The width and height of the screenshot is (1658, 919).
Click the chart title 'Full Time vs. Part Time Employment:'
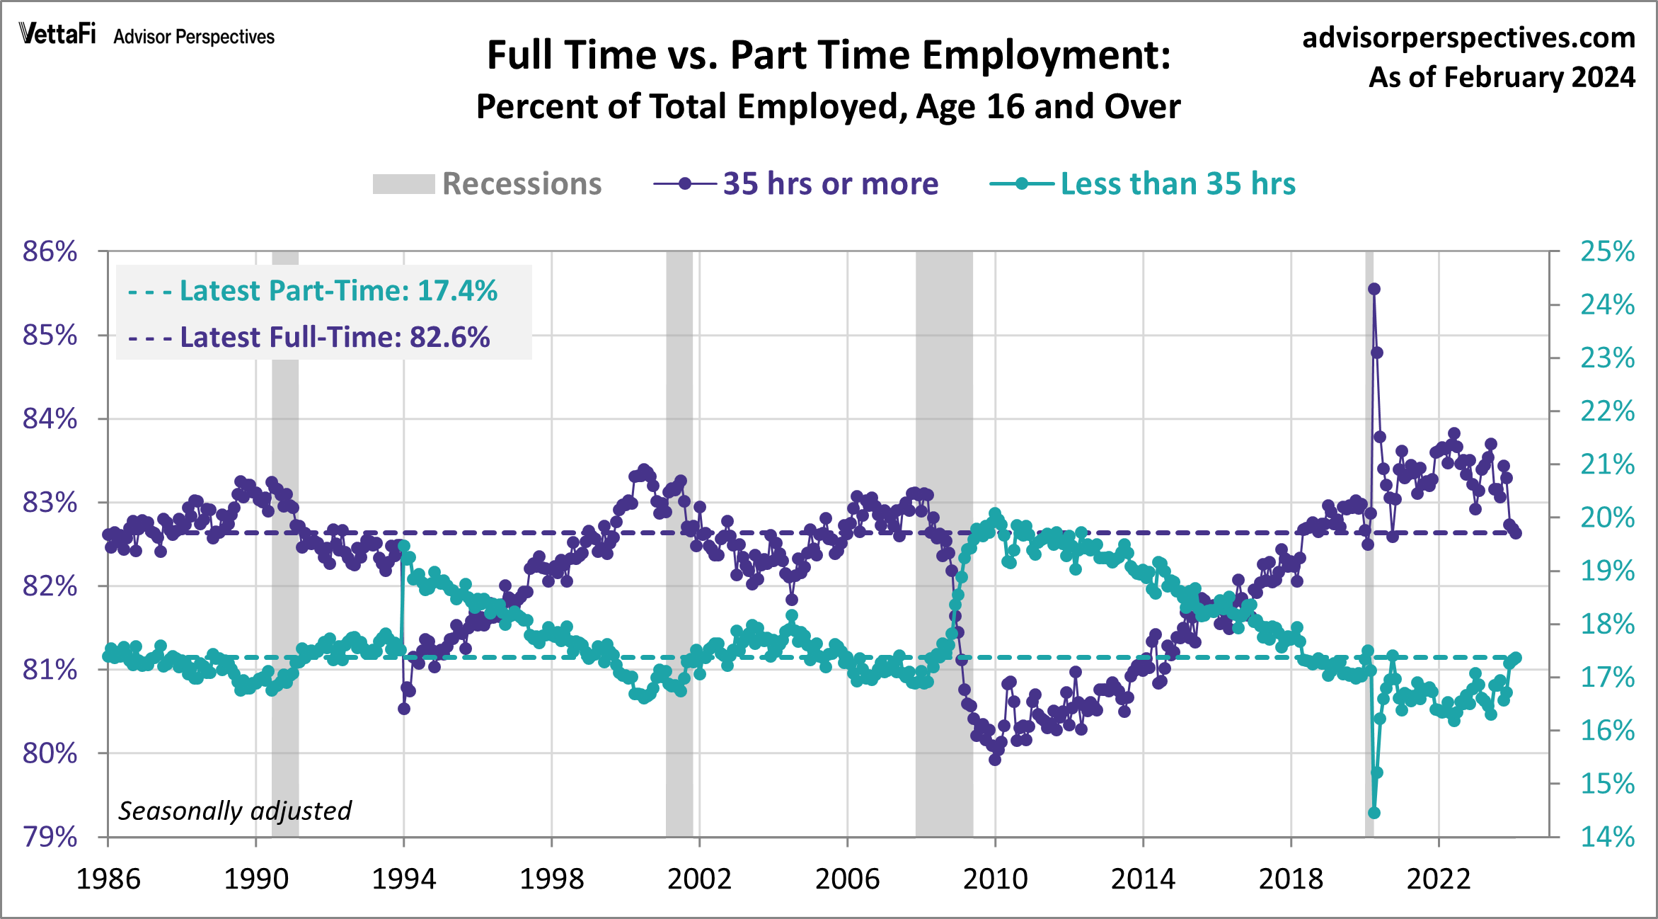[x=829, y=55]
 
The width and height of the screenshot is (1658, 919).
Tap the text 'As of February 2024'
[x=1502, y=77]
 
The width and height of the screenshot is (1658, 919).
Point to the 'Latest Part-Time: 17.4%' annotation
[x=313, y=291]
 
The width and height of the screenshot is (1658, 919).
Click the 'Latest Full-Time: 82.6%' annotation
[x=309, y=337]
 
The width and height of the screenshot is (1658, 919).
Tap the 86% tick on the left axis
[x=50, y=251]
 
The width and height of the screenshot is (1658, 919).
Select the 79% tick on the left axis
[x=50, y=837]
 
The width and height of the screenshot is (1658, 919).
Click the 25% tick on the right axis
[x=1607, y=251]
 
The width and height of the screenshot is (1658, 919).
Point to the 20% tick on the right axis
[x=1607, y=518]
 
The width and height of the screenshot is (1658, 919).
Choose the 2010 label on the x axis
[x=995, y=879]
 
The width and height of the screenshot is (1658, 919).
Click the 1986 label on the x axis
[x=108, y=879]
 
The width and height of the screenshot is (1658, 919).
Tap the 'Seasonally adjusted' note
[x=234, y=811]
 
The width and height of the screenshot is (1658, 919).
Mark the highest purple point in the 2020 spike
[x=1374, y=289]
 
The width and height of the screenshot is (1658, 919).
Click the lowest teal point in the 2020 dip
[x=1374, y=813]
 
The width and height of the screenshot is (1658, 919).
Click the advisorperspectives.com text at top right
[x=1468, y=38]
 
